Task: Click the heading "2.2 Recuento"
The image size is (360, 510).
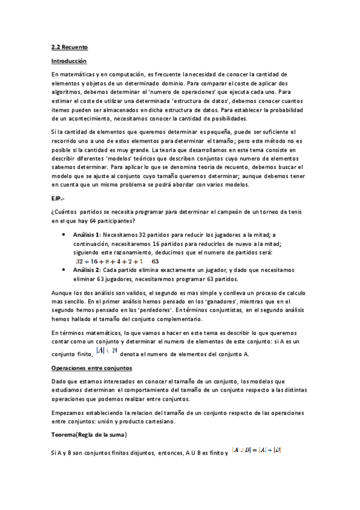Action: (x=67, y=45)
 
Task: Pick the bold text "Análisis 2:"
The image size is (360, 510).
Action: (x=87, y=271)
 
